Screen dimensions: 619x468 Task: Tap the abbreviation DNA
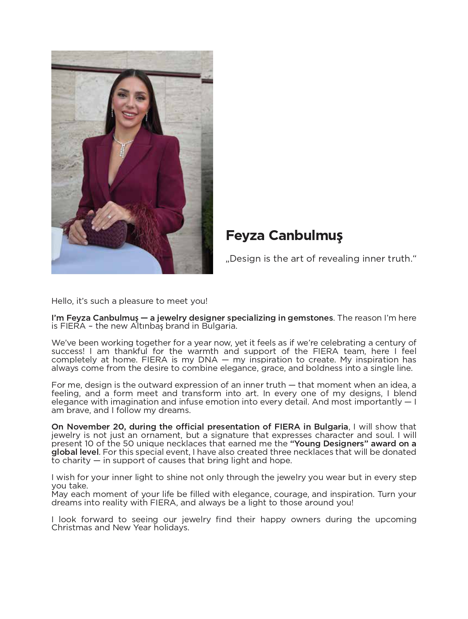click(x=208, y=360)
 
